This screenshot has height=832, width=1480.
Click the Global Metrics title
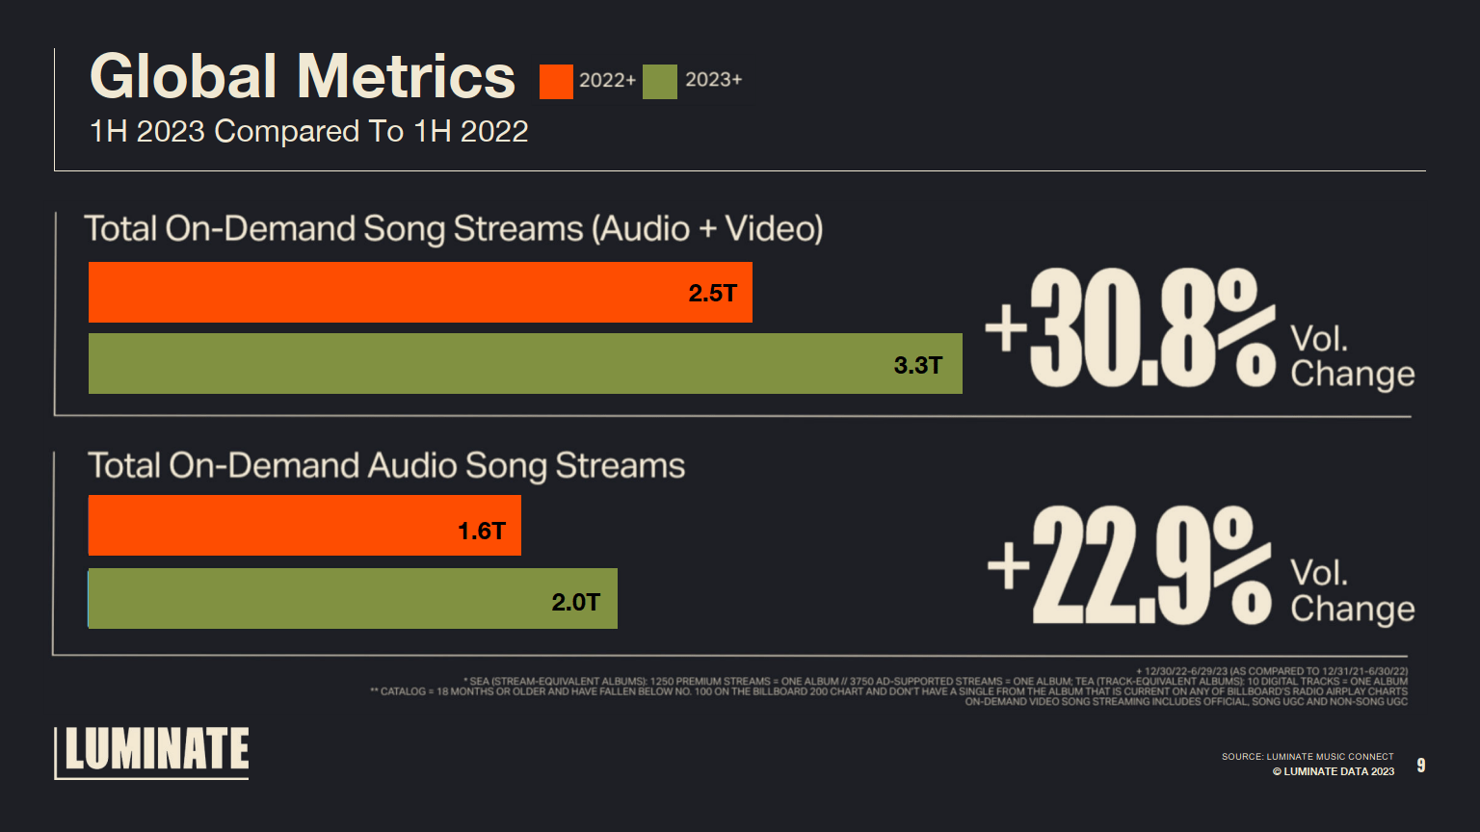click(x=303, y=77)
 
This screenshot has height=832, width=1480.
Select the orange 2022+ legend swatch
click(x=556, y=82)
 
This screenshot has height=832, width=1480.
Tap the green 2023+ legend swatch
click(x=660, y=82)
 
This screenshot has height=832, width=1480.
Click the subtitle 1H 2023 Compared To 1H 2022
click(x=308, y=131)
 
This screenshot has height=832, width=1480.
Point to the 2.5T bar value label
click(x=712, y=294)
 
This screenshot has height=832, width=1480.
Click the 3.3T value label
click(x=917, y=365)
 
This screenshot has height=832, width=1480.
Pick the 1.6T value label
click(x=481, y=531)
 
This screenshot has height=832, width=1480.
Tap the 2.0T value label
click(x=575, y=602)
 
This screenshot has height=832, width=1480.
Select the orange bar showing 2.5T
click(x=385, y=293)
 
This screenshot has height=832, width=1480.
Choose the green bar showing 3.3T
click(x=482, y=364)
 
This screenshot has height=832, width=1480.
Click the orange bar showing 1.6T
click(x=270, y=526)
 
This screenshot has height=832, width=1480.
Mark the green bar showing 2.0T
click(x=318, y=599)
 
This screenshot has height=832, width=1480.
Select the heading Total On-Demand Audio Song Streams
click(x=386, y=466)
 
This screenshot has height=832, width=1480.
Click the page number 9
click(x=1420, y=766)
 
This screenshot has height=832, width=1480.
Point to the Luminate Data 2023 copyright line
click(x=1333, y=771)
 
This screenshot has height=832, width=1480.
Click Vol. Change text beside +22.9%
click(x=1352, y=591)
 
